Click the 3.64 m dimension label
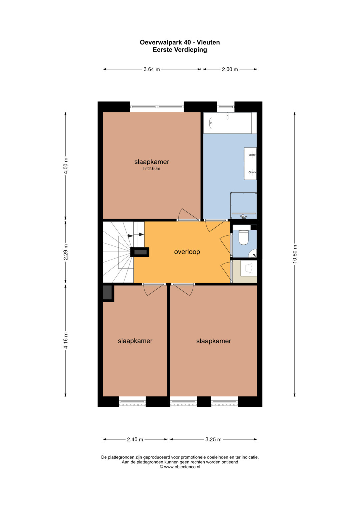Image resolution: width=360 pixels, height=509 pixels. (152, 69)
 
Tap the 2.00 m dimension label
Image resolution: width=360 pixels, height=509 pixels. (230, 69)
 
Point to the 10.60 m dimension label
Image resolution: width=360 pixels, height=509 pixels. (295, 254)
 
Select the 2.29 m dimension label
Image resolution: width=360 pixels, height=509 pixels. (65, 252)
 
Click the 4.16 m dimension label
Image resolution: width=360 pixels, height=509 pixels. (65, 340)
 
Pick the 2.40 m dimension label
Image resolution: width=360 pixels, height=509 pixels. (135, 439)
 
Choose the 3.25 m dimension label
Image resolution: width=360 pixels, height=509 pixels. (213, 439)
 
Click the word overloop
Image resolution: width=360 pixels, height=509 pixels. (187, 252)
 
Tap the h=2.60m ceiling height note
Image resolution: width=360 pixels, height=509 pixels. (152, 169)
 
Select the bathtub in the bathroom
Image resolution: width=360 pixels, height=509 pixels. (227, 123)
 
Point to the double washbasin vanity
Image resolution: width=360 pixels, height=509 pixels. (250, 164)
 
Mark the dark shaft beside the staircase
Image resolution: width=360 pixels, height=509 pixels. (140, 252)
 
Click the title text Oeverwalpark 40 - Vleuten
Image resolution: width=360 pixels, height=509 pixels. (180, 42)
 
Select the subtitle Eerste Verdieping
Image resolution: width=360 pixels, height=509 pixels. (180, 50)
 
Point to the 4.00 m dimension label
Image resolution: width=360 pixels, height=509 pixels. (65, 165)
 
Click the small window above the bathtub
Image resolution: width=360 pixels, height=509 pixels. (226, 107)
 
